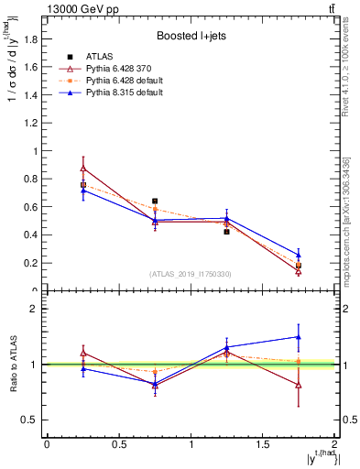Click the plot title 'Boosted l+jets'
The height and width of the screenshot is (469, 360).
(x=190, y=37)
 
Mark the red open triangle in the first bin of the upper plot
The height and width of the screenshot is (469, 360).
(x=82, y=169)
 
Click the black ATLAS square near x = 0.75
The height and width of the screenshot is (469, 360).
(x=155, y=201)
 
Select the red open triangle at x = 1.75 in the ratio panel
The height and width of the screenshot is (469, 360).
(x=299, y=385)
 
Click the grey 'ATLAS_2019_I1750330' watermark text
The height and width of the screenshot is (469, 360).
(x=190, y=274)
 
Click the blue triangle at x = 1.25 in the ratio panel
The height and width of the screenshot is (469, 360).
(x=226, y=347)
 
